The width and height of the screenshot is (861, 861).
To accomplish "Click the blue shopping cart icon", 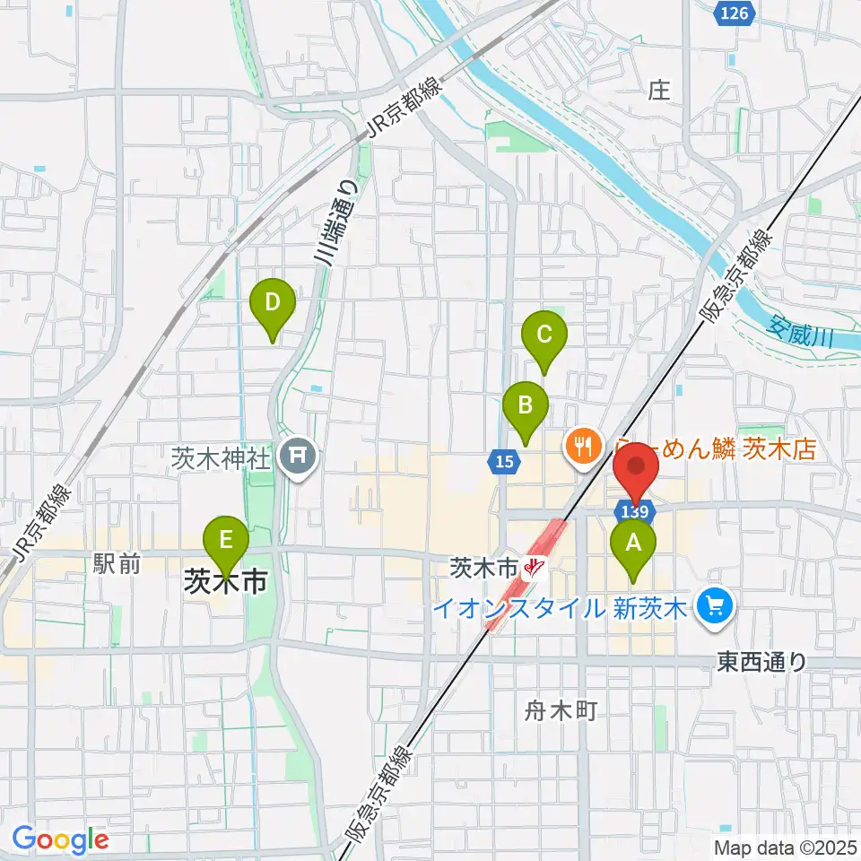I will pos(715,607).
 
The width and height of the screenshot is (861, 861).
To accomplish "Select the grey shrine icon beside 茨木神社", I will pos(297,458).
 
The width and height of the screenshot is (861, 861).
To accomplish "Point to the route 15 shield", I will pos(504,460).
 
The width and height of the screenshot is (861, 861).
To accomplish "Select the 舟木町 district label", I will pos(560,711).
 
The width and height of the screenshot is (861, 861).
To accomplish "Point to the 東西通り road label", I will pos(762,662).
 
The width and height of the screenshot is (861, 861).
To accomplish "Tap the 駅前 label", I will pos(117,564).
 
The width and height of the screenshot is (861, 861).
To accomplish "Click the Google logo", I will pos(60,839).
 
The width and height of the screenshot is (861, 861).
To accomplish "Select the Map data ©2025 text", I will pos(784,847).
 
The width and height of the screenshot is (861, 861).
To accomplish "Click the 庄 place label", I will pos(660,90).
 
